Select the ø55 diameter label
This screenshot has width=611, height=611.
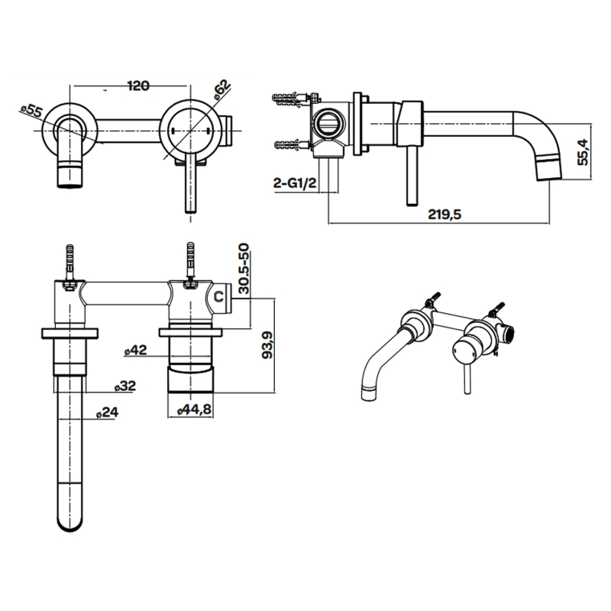[x=31, y=111]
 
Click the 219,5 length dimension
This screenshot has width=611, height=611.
[x=445, y=215]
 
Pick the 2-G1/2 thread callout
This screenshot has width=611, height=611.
[x=294, y=184]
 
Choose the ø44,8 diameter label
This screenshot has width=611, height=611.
[x=193, y=410]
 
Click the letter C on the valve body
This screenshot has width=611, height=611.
[x=218, y=295]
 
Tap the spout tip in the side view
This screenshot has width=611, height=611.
[x=549, y=169]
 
